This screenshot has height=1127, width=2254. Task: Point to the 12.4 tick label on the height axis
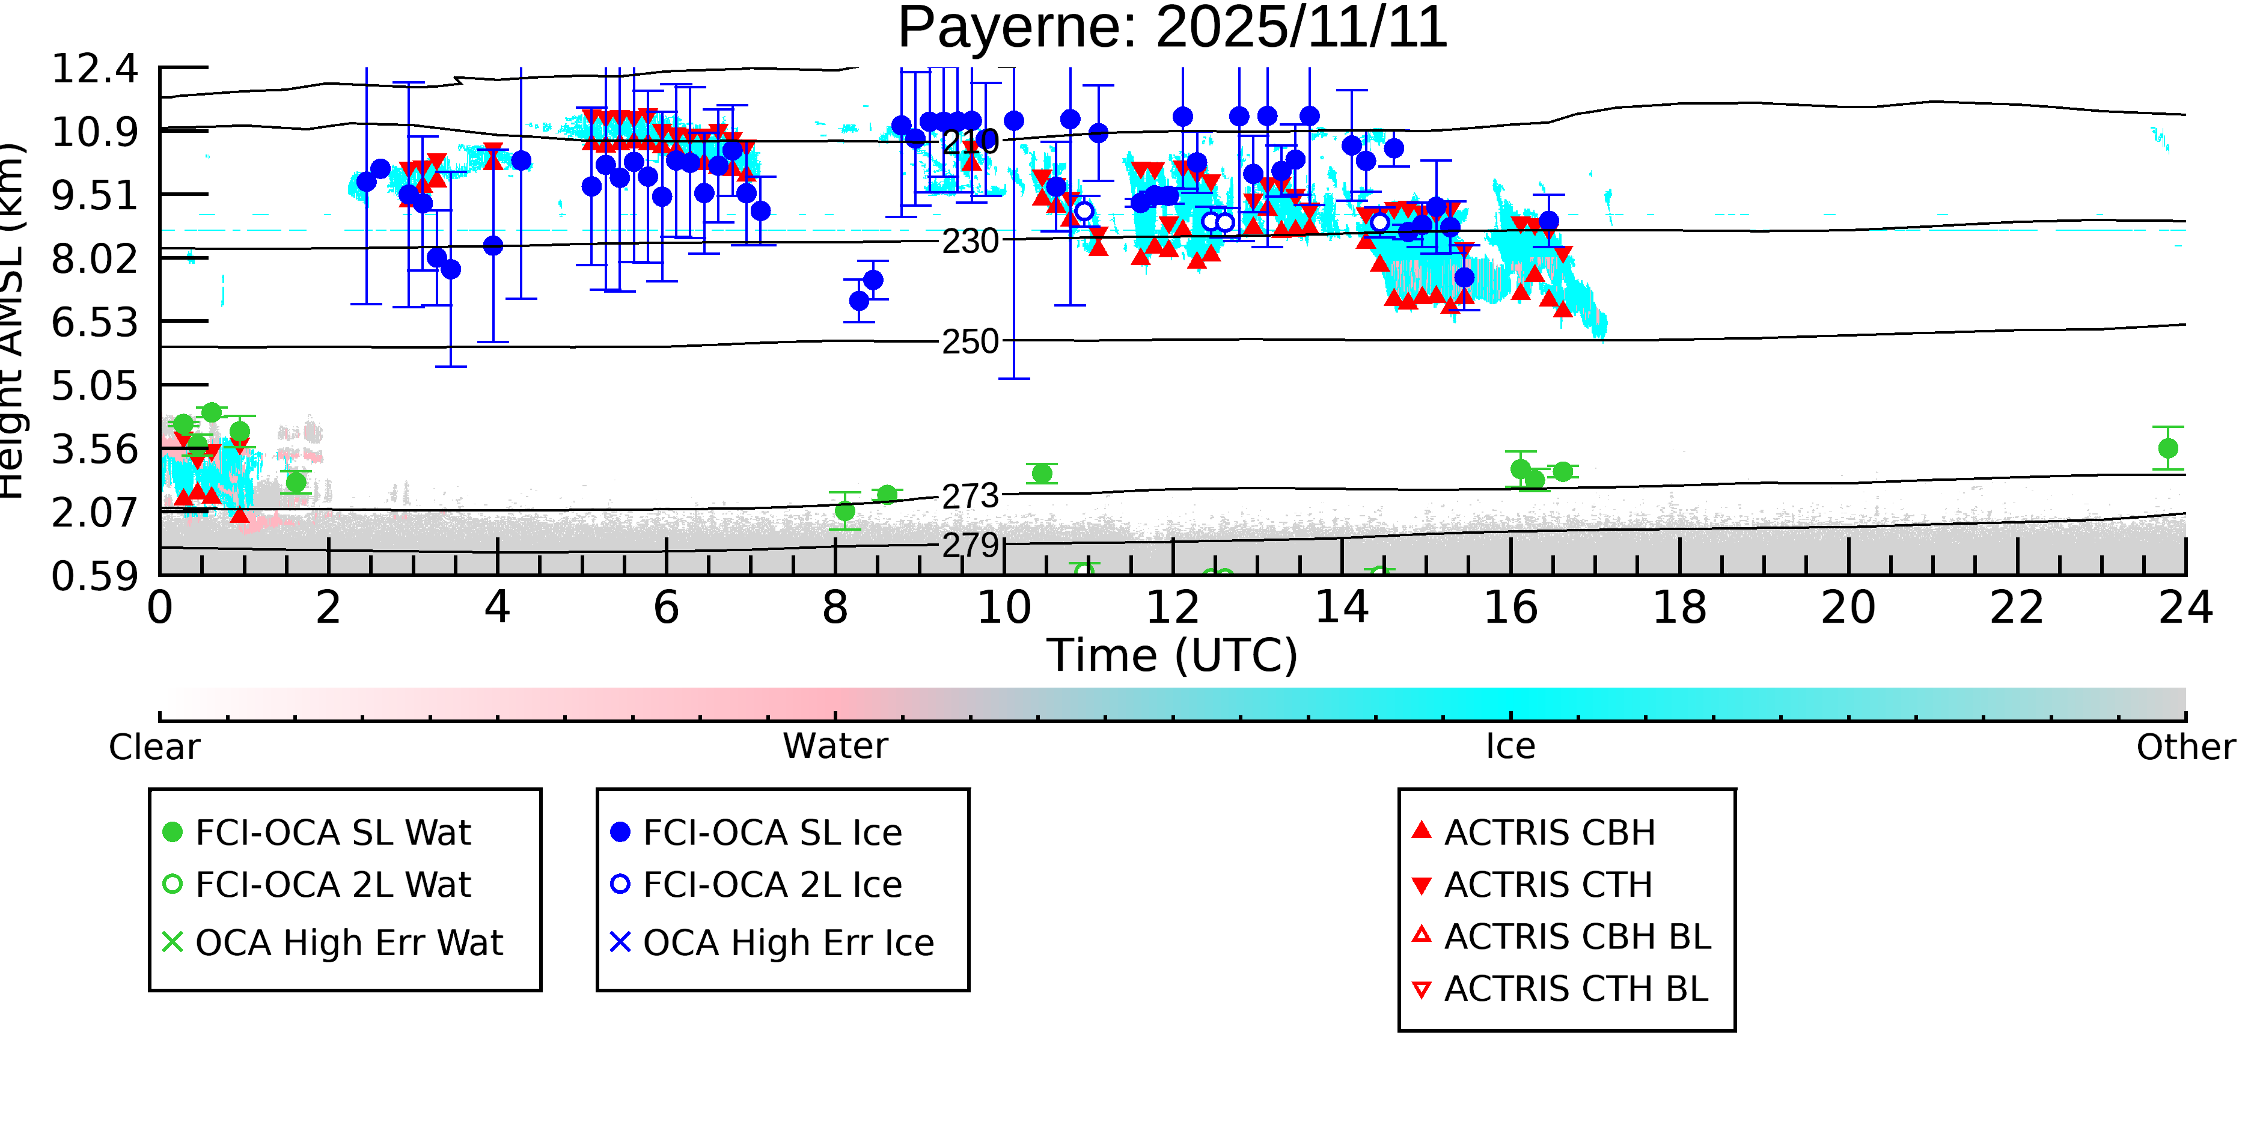click(x=94, y=69)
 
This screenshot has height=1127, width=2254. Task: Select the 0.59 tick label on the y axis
click(x=94, y=576)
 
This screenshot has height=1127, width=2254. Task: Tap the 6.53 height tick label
click(x=94, y=322)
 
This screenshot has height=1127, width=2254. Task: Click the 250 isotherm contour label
click(x=970, y=341)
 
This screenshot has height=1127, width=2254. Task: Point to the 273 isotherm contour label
click(x=970, y=496)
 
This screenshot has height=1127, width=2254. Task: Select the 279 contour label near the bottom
click(x=970, y=545)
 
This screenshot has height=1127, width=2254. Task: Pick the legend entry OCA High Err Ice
click(x=787, y=943)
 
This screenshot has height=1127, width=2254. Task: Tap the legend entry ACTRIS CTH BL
click(x=1575, y=989)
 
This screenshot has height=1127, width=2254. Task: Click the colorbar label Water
click(x=835, y=747)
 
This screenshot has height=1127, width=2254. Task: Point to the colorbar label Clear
click(x=154, y=747)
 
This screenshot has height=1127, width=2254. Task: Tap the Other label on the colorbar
click(x=2185, y=747)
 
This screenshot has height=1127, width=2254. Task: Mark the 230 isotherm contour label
click(x=970, y=240)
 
